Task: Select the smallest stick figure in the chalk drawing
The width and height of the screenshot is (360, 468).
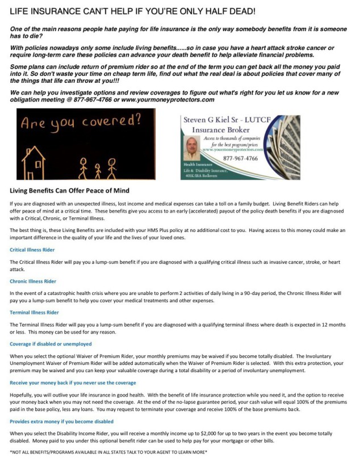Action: (x=97, y=169)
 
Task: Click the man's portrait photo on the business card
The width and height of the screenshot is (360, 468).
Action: (x=192, y=149)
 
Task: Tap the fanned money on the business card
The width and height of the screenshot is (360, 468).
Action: (x=284, y=147)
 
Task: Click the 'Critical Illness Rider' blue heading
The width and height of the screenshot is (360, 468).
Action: (x=37, y=249)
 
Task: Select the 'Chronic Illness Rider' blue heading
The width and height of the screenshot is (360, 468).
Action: (x=36, y=281)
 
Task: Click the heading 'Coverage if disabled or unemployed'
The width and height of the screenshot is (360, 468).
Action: (x=51, y=344)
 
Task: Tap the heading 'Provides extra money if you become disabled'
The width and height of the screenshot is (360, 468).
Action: (x=61, y=421)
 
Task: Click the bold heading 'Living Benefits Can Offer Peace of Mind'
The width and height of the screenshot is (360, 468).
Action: (x=70, y=190)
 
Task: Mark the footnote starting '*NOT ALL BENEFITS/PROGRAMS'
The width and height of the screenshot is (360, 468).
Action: (x=108, y=452)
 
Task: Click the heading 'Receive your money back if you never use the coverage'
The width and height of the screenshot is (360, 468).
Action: (x=73, y=382)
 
